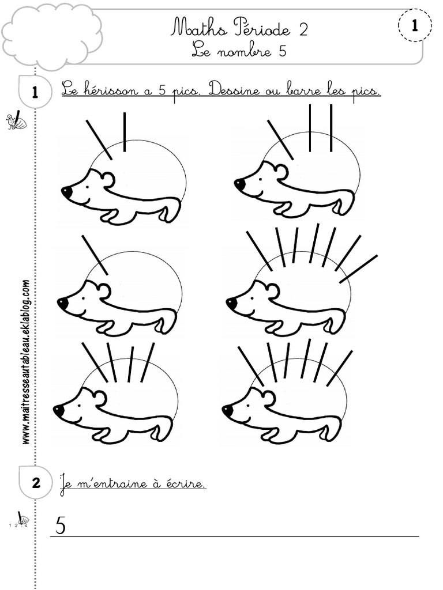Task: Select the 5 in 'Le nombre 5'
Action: pyautogui.click(x=282, y=51)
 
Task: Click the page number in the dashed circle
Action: pyautogui.click(x=414, y=25)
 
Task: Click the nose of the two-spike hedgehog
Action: pyautogui.click(x=67, y=191)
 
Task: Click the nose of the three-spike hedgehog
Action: pyautogui.click(x=239, y=184)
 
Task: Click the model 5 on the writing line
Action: pyautogui.click(x=61, y=525)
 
